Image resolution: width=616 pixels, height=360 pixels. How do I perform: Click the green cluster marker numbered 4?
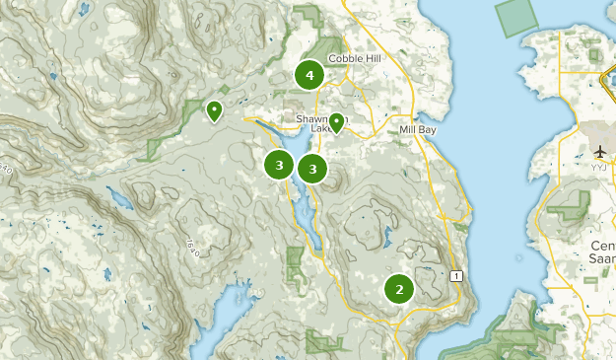click(310, 75)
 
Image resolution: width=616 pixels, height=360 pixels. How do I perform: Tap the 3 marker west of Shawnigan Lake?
click(280, 165)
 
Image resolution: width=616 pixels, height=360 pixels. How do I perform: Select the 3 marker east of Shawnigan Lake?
click(312, 170)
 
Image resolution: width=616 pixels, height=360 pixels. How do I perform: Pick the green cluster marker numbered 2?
click(399, 289)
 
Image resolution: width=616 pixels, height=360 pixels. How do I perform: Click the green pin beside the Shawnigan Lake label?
click(336, 122)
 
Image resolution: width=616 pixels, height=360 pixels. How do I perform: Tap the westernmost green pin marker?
click(214, 110)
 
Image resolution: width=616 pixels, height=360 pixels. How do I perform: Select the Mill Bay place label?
click(418, 129)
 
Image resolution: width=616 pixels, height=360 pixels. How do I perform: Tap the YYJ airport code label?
click(599, 167)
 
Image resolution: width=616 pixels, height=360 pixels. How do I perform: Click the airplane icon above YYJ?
click(600, 151)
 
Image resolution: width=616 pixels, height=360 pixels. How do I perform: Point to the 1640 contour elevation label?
click(192, 247)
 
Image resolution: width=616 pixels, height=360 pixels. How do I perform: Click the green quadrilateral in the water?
click(518, 19)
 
